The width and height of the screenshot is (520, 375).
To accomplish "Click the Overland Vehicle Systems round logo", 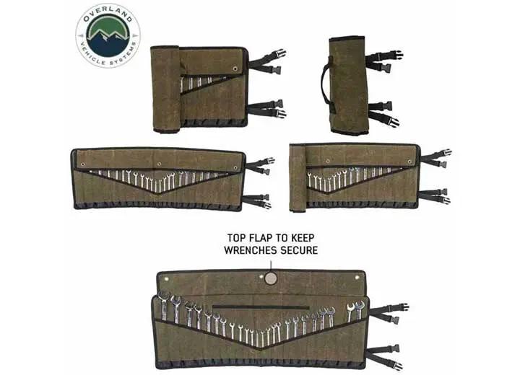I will coord(108,35).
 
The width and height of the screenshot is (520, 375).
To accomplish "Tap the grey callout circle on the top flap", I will coord(270,278).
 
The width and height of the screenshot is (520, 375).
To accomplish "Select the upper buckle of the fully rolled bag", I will coord(393,56).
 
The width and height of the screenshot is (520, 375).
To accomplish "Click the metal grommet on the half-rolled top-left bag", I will coord(235,69).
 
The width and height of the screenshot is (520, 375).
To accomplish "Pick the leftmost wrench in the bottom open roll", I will coord(163,306).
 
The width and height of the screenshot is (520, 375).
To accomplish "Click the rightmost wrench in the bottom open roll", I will coord(359,309).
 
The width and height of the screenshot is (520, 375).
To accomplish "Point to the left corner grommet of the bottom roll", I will coord(165,275).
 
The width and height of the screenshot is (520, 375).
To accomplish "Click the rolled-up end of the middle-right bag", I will coord(298,177).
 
